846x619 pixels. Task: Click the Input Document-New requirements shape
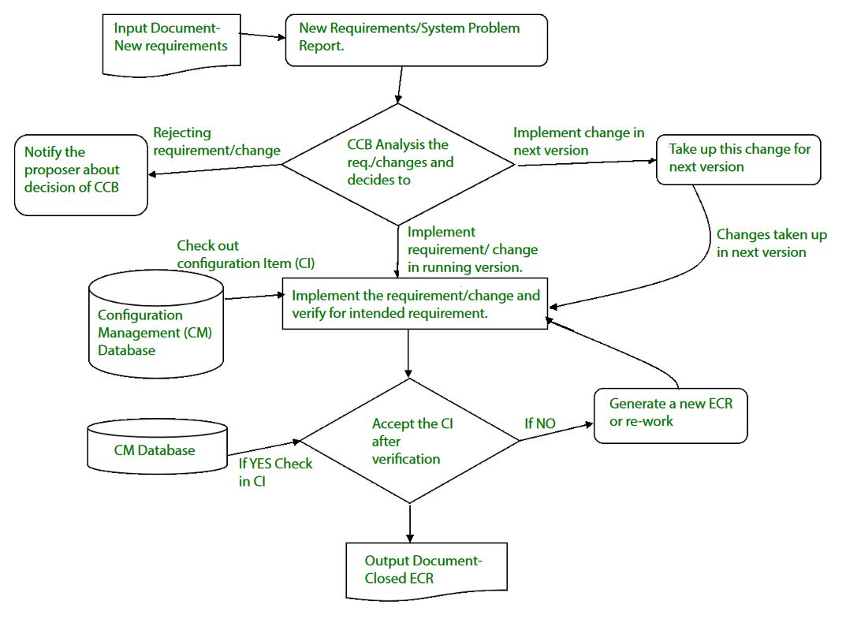[170, 42]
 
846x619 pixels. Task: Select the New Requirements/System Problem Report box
[416, 39]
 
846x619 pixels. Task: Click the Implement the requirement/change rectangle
[416, 304]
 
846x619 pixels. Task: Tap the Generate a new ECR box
[669, 415]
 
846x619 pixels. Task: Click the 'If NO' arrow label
[540, 424]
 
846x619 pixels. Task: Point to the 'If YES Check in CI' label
[275, 472]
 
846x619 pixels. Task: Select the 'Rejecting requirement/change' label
[216, 142]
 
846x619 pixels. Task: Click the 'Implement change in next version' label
[578, 141]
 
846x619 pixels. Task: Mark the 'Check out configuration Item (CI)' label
[244, 254]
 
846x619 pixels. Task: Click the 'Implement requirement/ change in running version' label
[472, 249]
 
